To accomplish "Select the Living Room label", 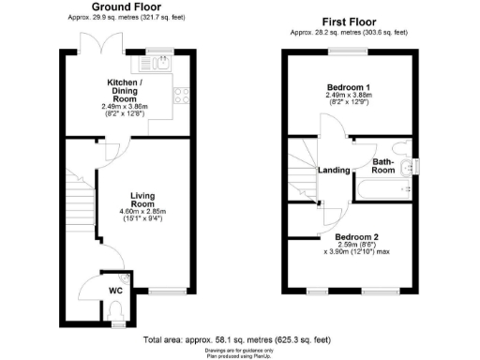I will point(142,199).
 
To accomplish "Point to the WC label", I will point(115,291).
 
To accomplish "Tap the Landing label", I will point(335,170).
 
